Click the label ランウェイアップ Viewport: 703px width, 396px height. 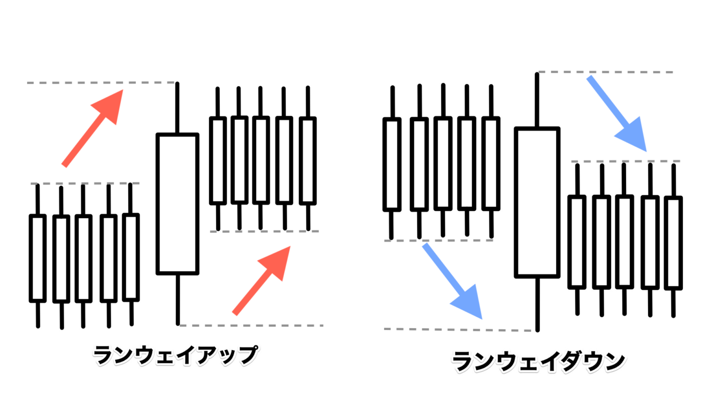point(175,356)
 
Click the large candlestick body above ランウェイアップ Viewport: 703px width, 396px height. point(178,204)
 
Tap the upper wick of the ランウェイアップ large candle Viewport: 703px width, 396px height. point(177,108)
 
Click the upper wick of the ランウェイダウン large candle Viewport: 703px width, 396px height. point(537,100)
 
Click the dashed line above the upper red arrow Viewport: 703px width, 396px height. point(101,83)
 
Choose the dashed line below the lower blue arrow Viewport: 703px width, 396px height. point(458,330)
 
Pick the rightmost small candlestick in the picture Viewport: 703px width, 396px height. point(673,242)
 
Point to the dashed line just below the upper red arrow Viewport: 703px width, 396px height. point(85,183)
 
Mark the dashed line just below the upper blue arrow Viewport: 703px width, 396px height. point(625,161)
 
